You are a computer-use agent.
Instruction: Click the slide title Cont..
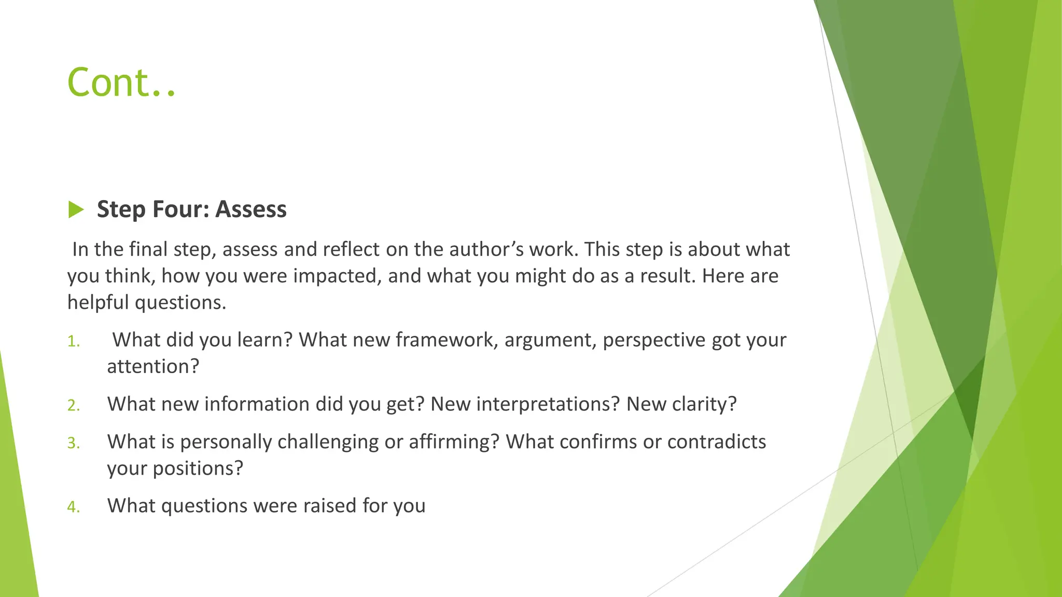pos(121,83)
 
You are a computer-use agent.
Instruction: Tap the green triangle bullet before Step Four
pos(76,210)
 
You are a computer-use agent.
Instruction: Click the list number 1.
pos(74,342)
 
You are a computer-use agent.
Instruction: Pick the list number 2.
pos(74,405)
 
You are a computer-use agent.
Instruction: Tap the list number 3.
pos(74,443)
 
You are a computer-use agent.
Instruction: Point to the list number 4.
pos(74,507)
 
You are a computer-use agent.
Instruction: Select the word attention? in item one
pos(153,366)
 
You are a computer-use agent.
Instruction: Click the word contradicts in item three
pos(717,442)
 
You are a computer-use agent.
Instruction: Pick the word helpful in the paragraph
pos(98,303)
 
